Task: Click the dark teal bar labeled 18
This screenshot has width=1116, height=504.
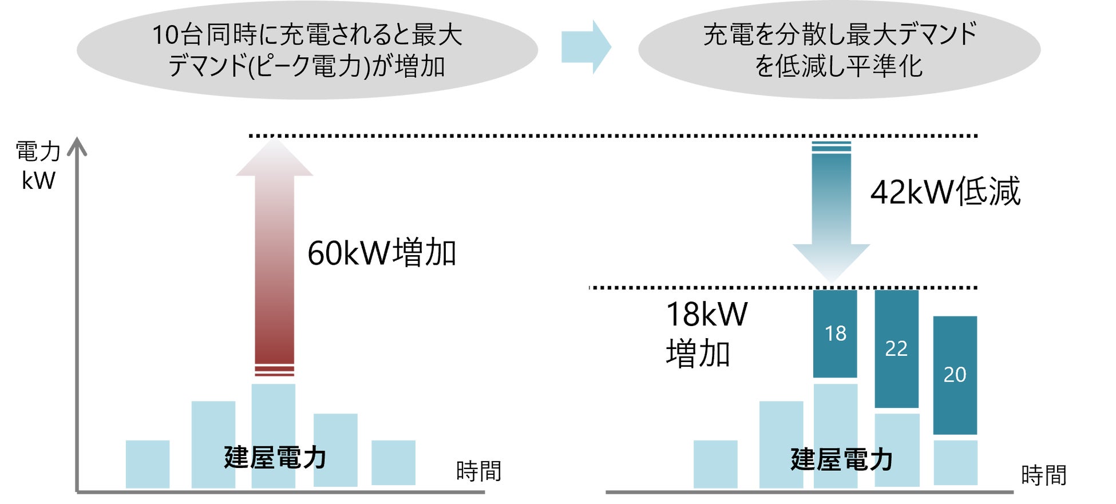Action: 834,334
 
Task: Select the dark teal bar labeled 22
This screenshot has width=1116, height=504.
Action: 896,348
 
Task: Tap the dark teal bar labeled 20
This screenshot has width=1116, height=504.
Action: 955,375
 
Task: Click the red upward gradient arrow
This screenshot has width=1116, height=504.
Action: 274,257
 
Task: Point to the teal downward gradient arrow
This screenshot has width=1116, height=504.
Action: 831,212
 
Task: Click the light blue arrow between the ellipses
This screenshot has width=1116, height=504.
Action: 585,47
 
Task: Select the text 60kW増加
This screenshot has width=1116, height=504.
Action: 382,253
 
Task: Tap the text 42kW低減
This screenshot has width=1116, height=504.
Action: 945,191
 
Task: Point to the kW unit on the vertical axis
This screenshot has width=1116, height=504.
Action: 38,181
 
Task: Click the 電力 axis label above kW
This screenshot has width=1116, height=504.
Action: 38,152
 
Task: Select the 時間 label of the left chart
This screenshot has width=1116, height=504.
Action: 478,471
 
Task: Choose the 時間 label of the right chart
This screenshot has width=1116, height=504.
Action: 1043,475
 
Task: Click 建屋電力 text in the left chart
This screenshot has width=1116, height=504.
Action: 275,458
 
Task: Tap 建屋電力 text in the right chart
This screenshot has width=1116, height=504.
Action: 841,459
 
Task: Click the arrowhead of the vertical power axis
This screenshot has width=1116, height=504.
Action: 77,146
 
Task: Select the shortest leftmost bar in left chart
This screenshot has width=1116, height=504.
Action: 148,464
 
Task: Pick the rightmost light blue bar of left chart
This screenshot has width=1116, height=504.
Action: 393,462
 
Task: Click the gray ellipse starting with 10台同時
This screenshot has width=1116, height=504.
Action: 307,50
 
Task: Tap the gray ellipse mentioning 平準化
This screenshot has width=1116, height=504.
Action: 838,50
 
